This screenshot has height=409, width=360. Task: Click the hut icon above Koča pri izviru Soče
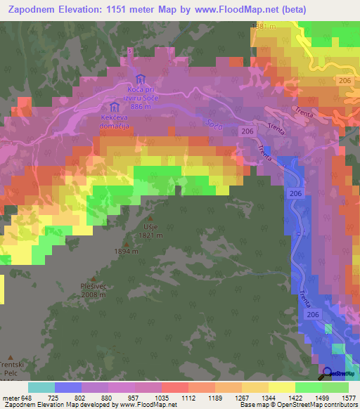point(139,78)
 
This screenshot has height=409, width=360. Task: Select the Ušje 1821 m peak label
point(146,230)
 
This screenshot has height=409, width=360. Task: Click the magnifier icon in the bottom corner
point(327,372)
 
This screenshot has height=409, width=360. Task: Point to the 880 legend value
point(112,398)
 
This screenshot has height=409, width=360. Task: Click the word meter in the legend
point(11,398)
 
